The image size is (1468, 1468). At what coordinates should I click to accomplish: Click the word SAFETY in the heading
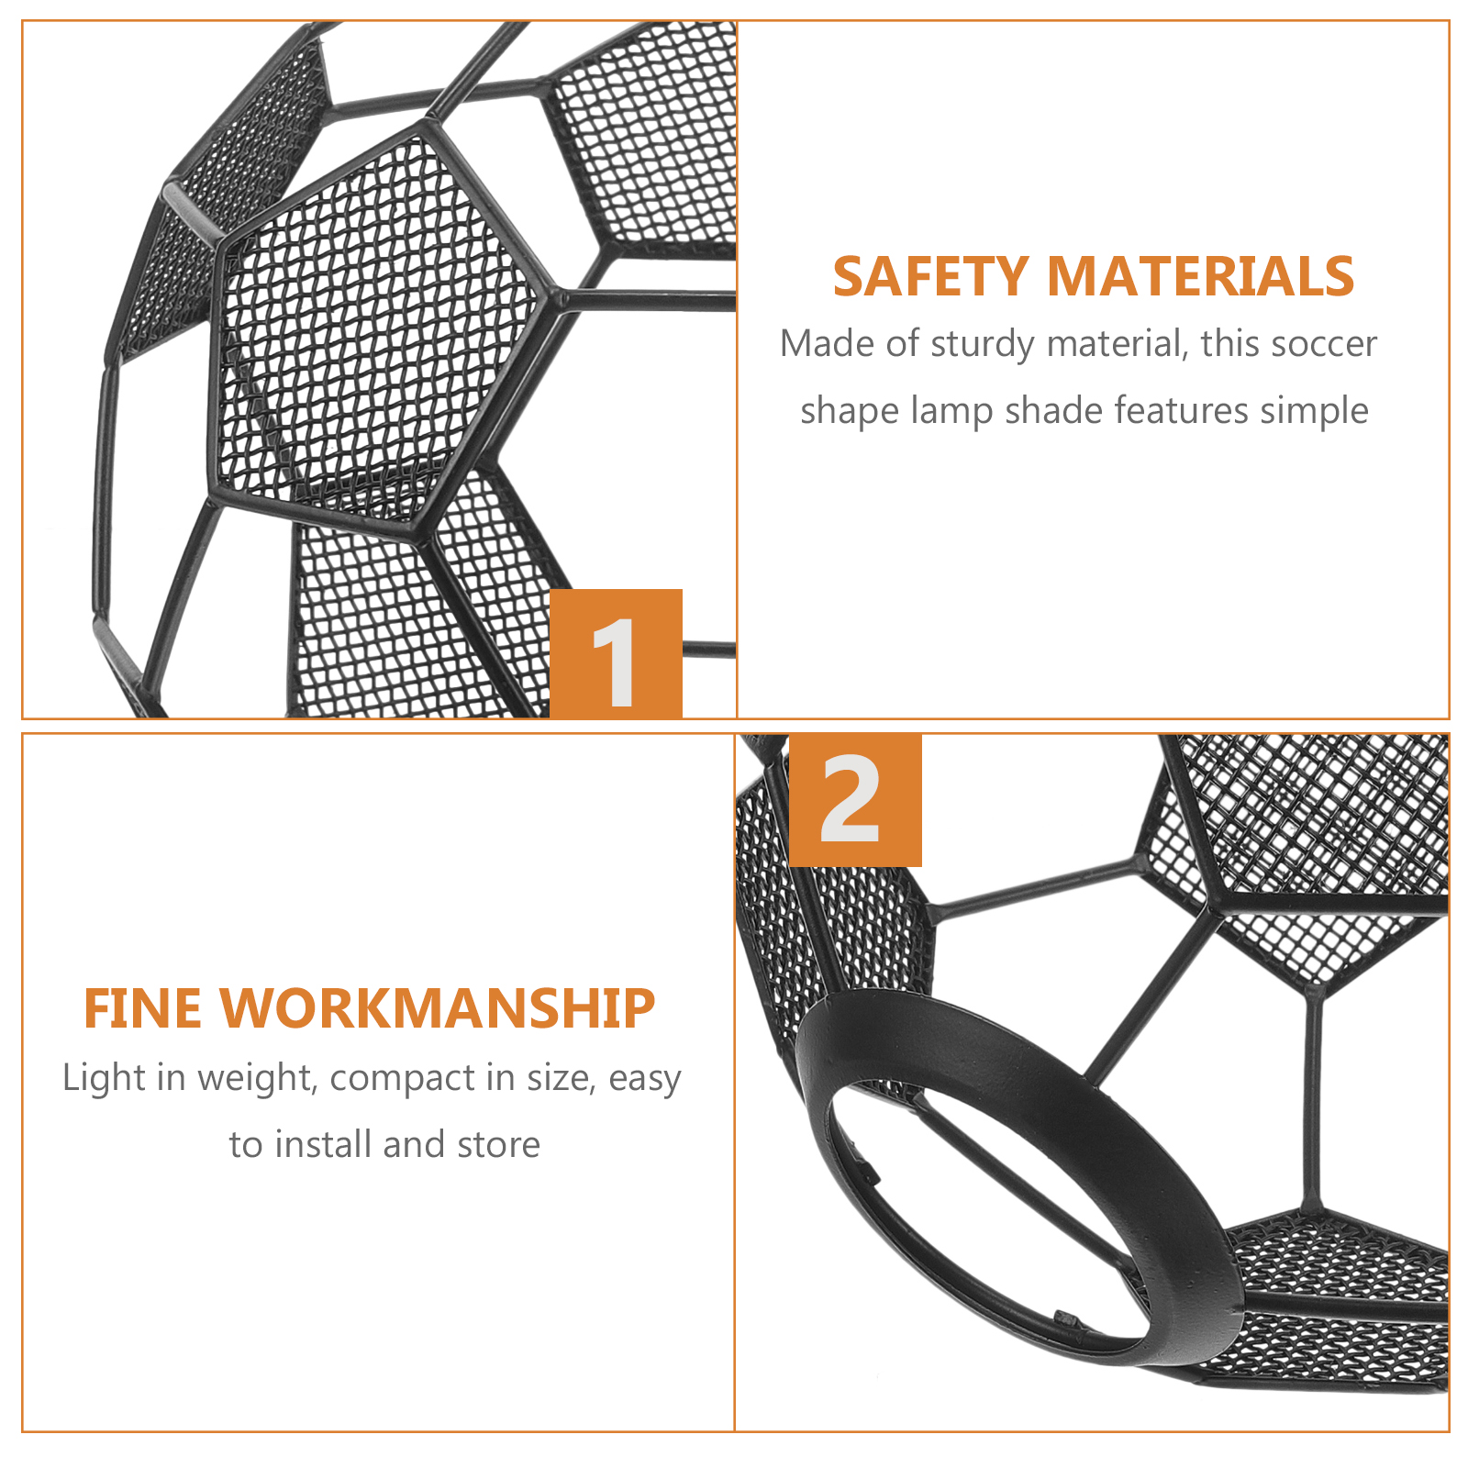tap(931, 276)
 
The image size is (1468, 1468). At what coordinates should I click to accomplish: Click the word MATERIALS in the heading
tap(1200, 276)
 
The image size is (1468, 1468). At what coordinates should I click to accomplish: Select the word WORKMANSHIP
tap(438, 1008)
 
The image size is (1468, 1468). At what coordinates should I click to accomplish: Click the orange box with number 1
tap(616, 653)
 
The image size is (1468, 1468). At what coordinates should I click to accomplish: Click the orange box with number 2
tap(855, 800)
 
